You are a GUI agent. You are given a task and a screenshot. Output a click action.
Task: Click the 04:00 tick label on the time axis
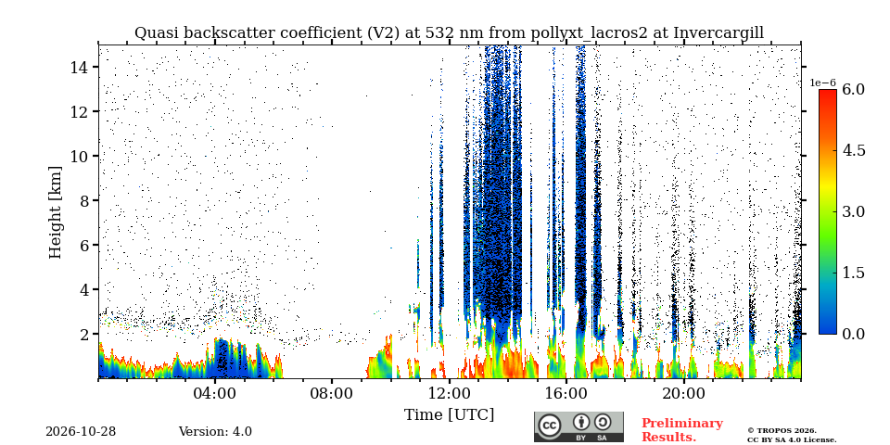click(x=215, y=393)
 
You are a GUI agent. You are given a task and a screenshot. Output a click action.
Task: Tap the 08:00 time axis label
click(x=332, y=393)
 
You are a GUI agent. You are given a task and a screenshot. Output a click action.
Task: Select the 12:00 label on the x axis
click(x=449, y=393)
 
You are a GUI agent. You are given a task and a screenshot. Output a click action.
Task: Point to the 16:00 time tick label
click(x=566, y=393)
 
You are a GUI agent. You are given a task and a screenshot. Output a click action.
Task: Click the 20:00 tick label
click(x=683, y=393)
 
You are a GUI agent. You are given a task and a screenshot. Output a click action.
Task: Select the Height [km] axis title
click(x=55, y=212)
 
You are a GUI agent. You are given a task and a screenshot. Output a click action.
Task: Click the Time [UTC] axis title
click(x=449, y=415)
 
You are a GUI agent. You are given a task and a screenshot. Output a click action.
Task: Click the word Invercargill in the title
click(x=718, y=33)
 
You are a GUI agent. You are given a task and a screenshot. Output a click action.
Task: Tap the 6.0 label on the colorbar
click(x=853, y=89)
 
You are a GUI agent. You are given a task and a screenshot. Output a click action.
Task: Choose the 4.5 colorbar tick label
click(x=853, y=150)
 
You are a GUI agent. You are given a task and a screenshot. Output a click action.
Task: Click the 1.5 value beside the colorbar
click(x=853, y=273)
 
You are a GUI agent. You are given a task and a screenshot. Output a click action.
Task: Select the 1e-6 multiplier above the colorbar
click(x=822, y=83)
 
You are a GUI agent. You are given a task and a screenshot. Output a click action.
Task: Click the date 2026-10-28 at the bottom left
click(x=81, y=432)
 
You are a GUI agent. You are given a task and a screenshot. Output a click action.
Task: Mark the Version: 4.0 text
click(x=215, y=432)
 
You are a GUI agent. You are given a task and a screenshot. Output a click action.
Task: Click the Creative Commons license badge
click(x=578, y=426)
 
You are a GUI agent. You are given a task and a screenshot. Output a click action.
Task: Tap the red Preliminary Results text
click(x=682, y=430)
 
